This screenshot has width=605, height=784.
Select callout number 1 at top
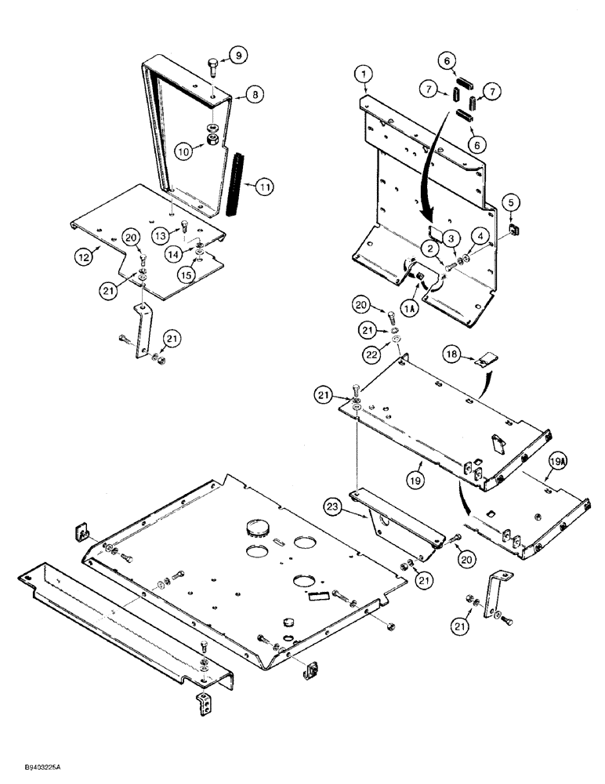coord(363,74)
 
